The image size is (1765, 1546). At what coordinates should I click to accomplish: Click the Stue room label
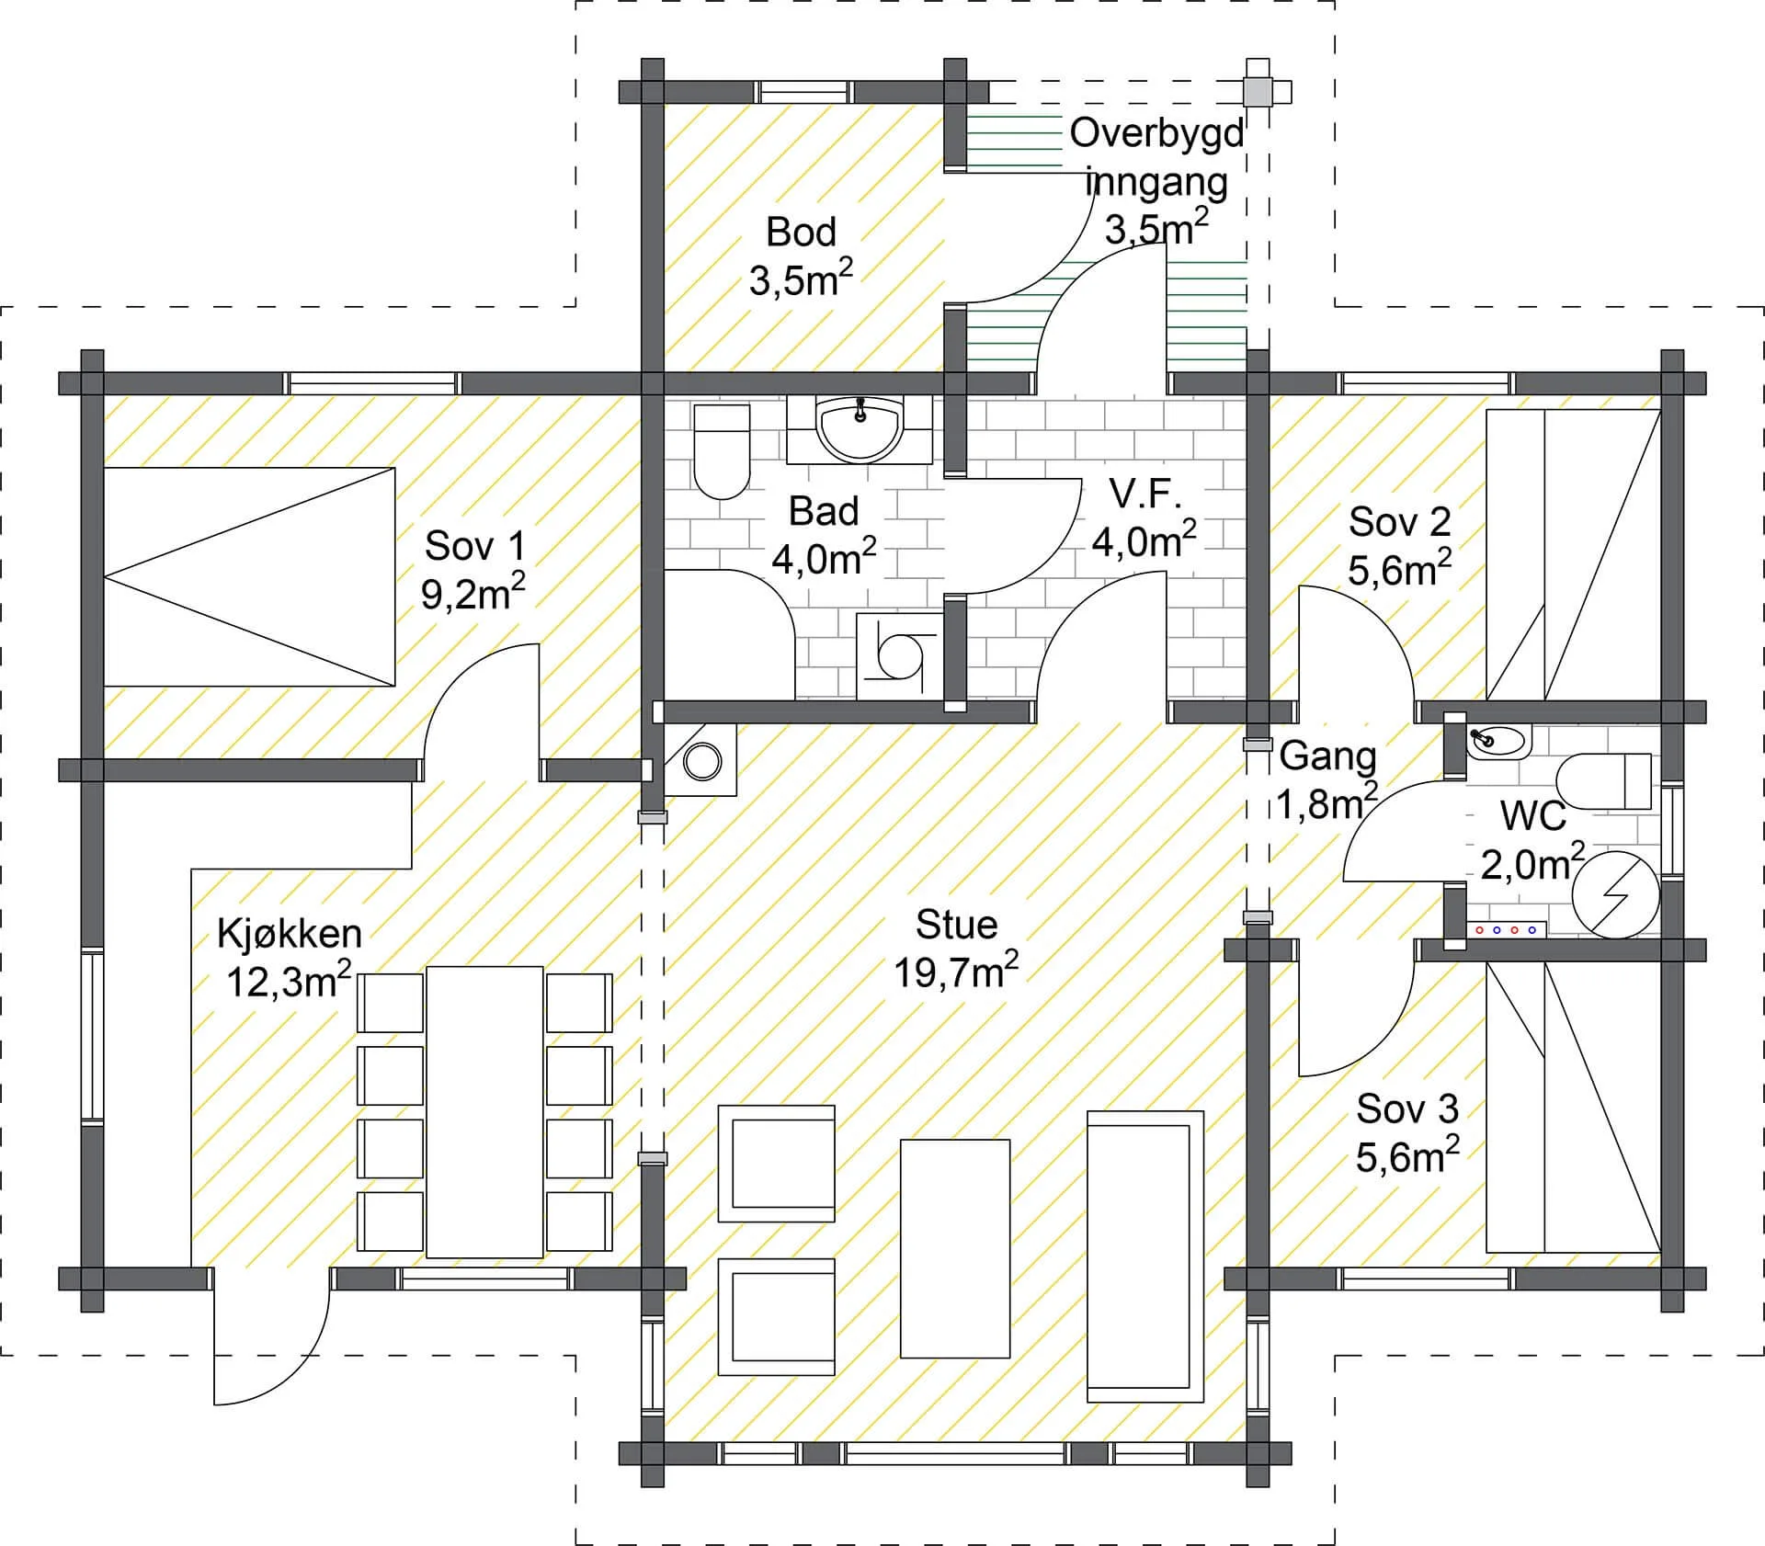pos(956,925)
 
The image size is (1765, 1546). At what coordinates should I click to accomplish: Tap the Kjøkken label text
pos(290,934)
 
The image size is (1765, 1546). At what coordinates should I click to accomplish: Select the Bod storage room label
pos(801,232)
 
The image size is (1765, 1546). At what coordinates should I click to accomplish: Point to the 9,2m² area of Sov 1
pos(473,593)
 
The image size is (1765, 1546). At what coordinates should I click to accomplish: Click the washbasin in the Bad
pos(860,428)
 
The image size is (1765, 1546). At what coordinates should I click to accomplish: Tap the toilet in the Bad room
pos(723,450)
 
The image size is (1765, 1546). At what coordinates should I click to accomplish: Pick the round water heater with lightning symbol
pos(1615,894)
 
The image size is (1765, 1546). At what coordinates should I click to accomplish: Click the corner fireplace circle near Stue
pos(704,760)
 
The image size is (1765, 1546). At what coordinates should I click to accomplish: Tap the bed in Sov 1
pos(249,576)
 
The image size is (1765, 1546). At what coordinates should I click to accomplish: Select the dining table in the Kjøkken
pos(485,1111)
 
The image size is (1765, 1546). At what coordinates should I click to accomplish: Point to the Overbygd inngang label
pos(1156,157)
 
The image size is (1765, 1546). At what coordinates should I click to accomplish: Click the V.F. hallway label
pos(1144,494)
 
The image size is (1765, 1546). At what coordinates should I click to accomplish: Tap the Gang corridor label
pos(1327,756)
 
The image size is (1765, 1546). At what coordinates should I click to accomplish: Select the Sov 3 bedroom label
pos(1407,1108)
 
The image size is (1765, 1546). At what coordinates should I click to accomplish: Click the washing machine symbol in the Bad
pos(897,656)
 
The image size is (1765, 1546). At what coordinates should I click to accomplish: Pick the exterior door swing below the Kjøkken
pos(271,1337)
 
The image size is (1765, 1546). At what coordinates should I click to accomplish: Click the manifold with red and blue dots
pos(1506,929)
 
